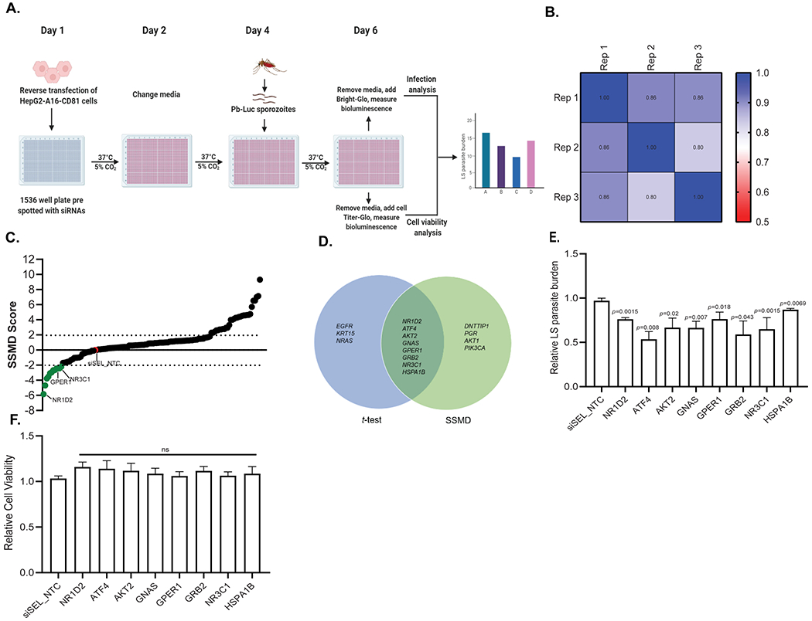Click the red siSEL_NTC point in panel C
click(x=96, y=351)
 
